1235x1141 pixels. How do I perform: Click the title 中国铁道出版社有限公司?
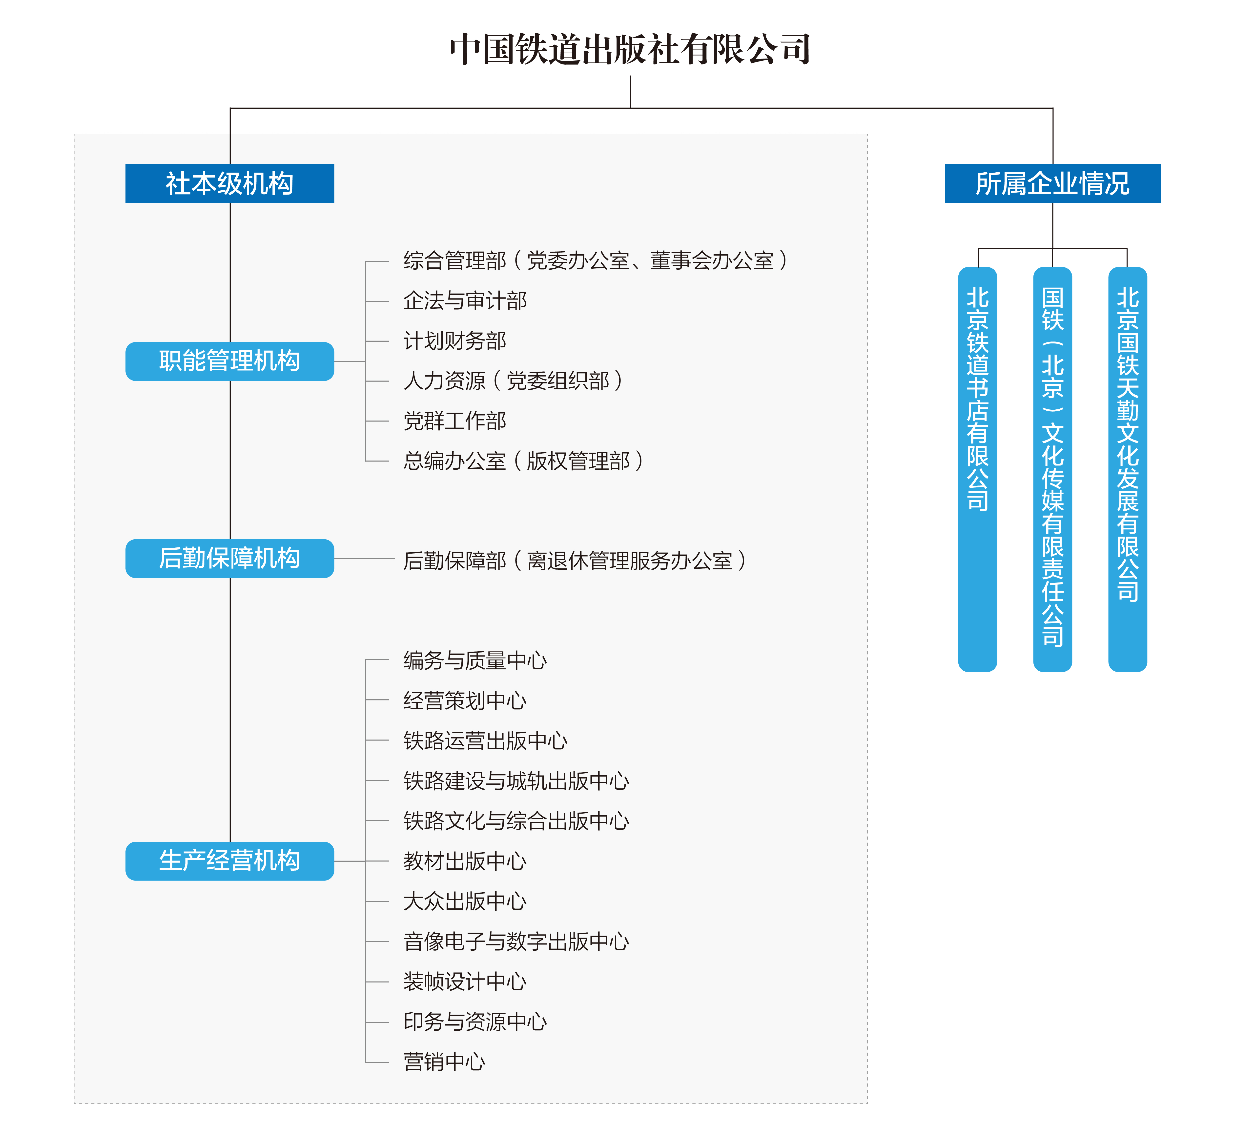(x=630, y=49)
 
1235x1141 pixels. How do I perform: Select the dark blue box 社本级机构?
(x=230, y=183)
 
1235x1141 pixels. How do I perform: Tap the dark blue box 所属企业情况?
(x=1052, y=183)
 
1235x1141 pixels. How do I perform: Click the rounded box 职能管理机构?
(x=230, y=361)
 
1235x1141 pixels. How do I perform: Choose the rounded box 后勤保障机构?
(x=230, y=559)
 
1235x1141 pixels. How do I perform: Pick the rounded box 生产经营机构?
(x=230, y=861)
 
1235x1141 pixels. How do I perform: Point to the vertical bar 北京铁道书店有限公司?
(x=978, y=469)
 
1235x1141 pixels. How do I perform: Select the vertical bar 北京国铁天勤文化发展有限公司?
(x=1128, y=469)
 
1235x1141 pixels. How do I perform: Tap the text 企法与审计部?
(x=465, y=301)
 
